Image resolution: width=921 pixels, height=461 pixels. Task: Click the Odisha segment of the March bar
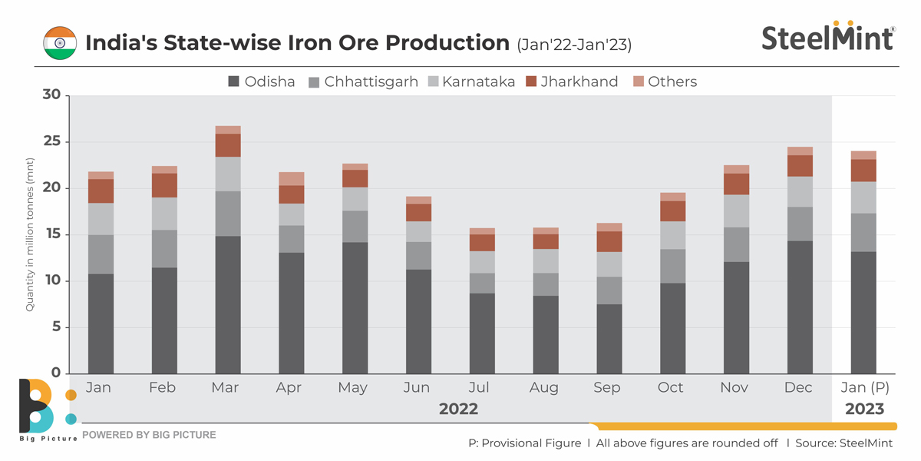click(228, 305)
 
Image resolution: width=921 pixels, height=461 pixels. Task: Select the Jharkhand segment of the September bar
click(607, 242)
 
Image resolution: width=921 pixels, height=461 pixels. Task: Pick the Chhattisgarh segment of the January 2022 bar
click(101, 254)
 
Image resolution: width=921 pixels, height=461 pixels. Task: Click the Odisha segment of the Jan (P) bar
click(863, 313)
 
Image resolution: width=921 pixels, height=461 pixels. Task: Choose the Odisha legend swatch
click(235, 81)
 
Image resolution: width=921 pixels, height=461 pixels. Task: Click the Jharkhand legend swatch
click(533, 81)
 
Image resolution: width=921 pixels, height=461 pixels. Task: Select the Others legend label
click(672, 81)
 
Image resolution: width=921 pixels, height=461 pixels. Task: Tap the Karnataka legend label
click(479, 81)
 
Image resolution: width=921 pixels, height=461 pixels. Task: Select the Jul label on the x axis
click(480, 388)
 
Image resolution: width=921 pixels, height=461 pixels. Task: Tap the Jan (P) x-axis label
click(864, 388)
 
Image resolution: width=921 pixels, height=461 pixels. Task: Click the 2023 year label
click(864, 410)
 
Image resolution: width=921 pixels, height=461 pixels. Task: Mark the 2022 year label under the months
click(458, 410)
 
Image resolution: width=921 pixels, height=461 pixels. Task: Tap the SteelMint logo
click(828, 37)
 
